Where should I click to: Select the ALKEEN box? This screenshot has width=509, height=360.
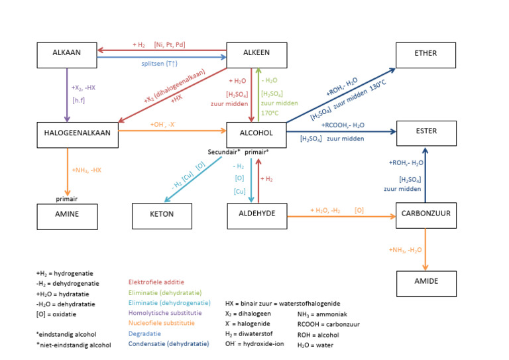point(257,55)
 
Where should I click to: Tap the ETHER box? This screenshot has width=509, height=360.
point(426,55)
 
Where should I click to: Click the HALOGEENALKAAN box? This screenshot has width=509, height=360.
point(77,134)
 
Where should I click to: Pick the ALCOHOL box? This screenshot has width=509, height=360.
point(257,134)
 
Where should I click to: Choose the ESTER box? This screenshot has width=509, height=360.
point(426,132)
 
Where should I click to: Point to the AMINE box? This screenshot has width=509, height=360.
point(66,215)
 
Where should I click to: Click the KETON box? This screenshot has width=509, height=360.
point(162,215)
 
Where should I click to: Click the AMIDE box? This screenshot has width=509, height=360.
point(426,282)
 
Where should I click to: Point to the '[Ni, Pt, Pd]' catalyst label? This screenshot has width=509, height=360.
point(170,45)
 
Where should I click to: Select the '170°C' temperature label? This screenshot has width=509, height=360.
point(270,113)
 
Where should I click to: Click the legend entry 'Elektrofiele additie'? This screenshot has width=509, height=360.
point(156,282)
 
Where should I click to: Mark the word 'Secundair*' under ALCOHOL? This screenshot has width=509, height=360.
point(224,151)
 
